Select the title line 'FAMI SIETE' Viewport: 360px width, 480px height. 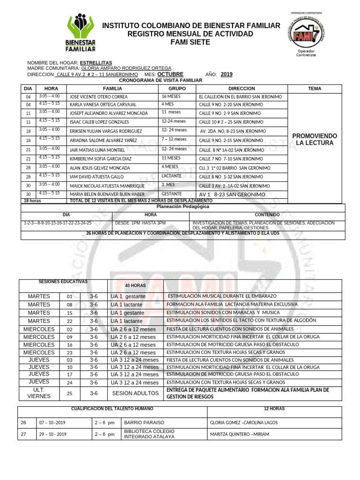click(191, 42)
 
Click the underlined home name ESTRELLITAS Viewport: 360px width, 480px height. click(96, 62)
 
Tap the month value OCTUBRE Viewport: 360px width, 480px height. click(170, 75)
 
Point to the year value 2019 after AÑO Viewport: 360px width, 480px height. click(226, 75)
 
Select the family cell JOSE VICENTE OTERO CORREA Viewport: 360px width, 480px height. click(98, 97)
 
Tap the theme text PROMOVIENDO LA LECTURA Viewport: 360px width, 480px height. click(315, 139)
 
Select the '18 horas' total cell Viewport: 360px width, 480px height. click(33, 201)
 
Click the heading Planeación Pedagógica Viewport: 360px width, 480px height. click(182, 206)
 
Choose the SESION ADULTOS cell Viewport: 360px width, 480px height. click(135, 393)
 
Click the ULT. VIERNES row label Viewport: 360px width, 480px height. click(38, 393)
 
